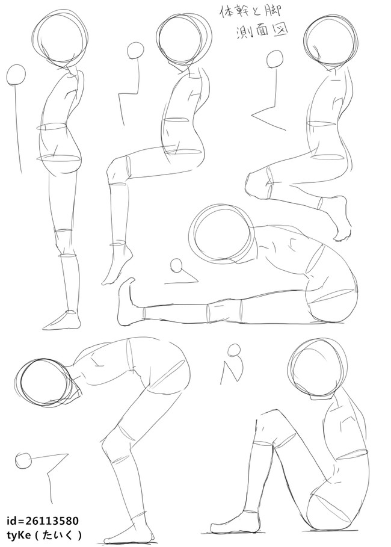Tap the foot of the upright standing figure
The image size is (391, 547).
coord(62,321)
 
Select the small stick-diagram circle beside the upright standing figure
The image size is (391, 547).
coord(16,76)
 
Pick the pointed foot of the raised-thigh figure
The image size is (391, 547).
coord(117,265)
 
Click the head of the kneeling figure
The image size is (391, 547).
coord(331,39)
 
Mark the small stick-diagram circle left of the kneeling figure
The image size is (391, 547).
coord(274,59)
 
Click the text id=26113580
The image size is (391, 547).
coord(42,521)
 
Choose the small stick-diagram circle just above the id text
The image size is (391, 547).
coord(23,461)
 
